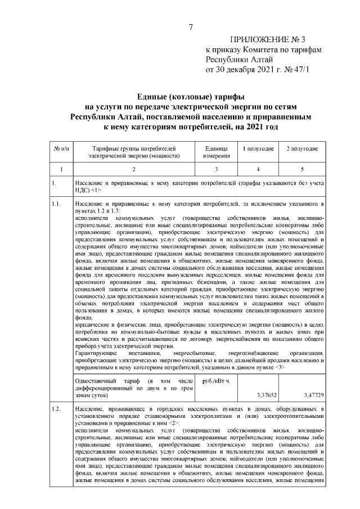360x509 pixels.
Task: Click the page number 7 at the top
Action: click(x=191, y=27)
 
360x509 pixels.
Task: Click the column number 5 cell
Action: click(x=302, y=169)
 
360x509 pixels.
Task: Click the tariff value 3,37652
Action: click(x=267, y=395)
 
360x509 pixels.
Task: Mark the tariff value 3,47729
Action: click(x=312, y=395)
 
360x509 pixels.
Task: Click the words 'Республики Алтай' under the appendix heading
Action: click(x=239, y=60)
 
